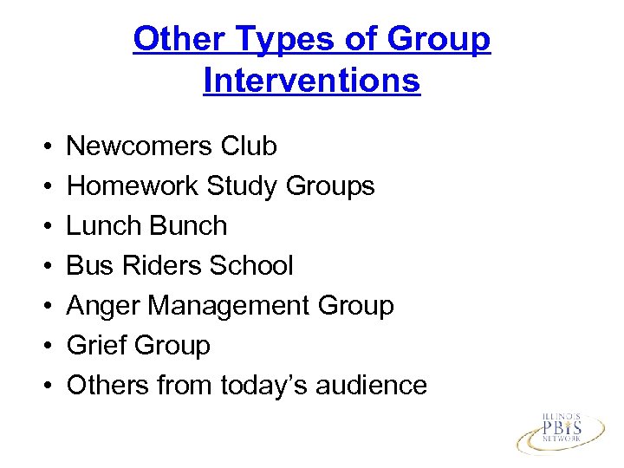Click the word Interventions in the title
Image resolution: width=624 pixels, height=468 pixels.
(x=311, y=81)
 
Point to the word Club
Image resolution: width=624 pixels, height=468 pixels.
(x=249, y=146)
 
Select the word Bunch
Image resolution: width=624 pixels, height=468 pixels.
(x=188, y=226)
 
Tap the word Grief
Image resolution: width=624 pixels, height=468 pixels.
(x=94, y=345)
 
